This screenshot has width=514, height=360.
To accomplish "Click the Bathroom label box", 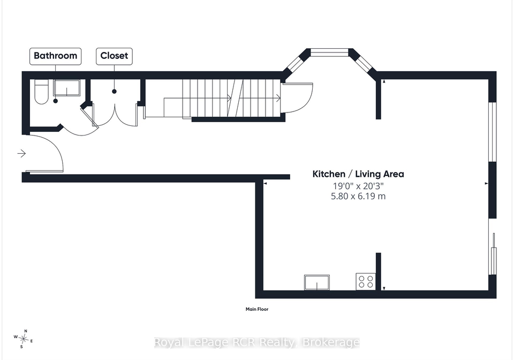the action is tap(55, 56).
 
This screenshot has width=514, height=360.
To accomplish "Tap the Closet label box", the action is tap(114, 56).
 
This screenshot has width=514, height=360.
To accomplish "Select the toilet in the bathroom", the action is tap(41, 92).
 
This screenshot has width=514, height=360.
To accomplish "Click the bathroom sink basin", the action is tap(66, 88).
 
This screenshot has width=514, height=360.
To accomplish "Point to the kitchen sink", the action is tap(316, 282).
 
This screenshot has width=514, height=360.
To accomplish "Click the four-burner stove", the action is tap(366, 282).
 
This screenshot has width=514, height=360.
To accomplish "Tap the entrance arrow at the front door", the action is tap(21, 153).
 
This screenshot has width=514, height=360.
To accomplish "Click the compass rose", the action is tap(23, 339).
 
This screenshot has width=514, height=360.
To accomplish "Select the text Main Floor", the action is tap(257, 309).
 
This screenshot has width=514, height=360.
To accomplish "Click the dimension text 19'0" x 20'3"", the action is tap(358, 186).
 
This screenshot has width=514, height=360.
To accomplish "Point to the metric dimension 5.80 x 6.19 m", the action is tap(358, 197).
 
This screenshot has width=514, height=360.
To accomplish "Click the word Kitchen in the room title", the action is tap(328, 174).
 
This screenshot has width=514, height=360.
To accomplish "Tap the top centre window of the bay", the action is tap(329, 52).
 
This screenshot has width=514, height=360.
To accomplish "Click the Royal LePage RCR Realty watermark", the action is tap(256, 343).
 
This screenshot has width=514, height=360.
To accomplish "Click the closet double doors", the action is tap(115, 115).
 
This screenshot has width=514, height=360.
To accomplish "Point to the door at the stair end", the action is tap(297, 97).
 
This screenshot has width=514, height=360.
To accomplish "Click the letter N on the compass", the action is tap(26, 331).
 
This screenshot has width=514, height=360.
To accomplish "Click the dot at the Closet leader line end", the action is tap(114, 92).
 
